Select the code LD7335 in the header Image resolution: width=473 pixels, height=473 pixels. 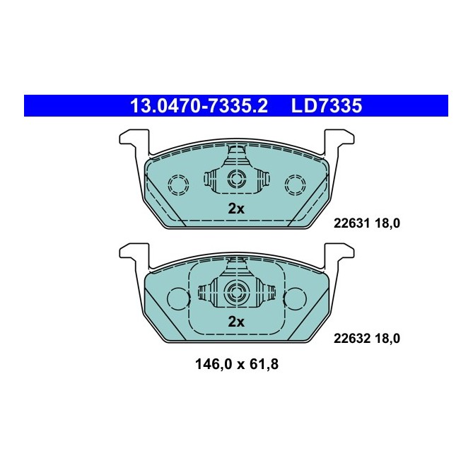click(327, 106)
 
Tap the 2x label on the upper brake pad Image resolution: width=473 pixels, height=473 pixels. click(235, 209)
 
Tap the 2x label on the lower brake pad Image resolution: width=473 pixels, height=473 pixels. click(235, 322)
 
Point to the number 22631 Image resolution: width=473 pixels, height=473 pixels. click(348, 224)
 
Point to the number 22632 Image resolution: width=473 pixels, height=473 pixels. click(348, 339)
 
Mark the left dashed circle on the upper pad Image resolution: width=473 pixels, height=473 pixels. click(178, 185)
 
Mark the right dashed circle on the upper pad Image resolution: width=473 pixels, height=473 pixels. click(293, 185)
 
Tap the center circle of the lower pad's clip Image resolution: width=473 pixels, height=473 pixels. click(235, 293)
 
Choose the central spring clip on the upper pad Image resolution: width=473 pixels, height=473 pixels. click(235, 177)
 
